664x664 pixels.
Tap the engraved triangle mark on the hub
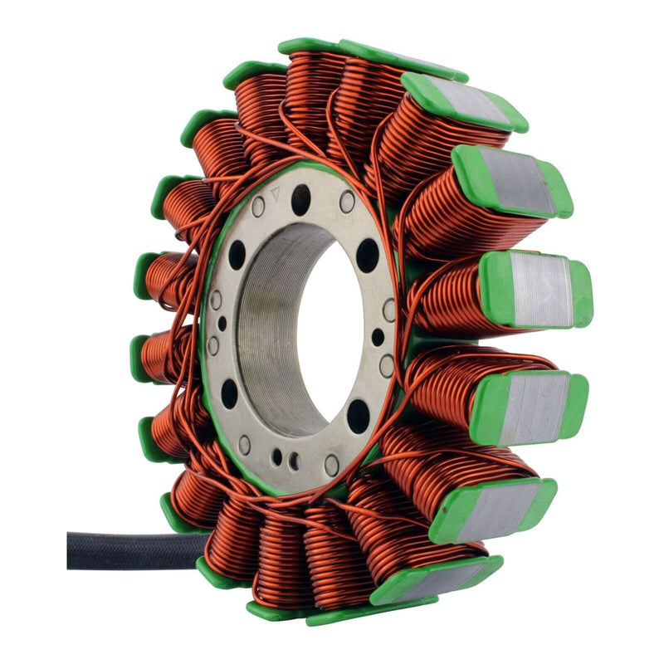tap(276, 192)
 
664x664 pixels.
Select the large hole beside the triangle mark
tap(300, 199)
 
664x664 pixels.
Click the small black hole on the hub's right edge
tap(378, 337)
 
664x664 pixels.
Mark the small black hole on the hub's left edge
tap(222, 323)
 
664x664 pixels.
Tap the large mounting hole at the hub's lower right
tap(359, 415)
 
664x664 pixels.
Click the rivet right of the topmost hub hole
tap(347, 202)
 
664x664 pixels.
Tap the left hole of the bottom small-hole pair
tap(277, 456)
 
